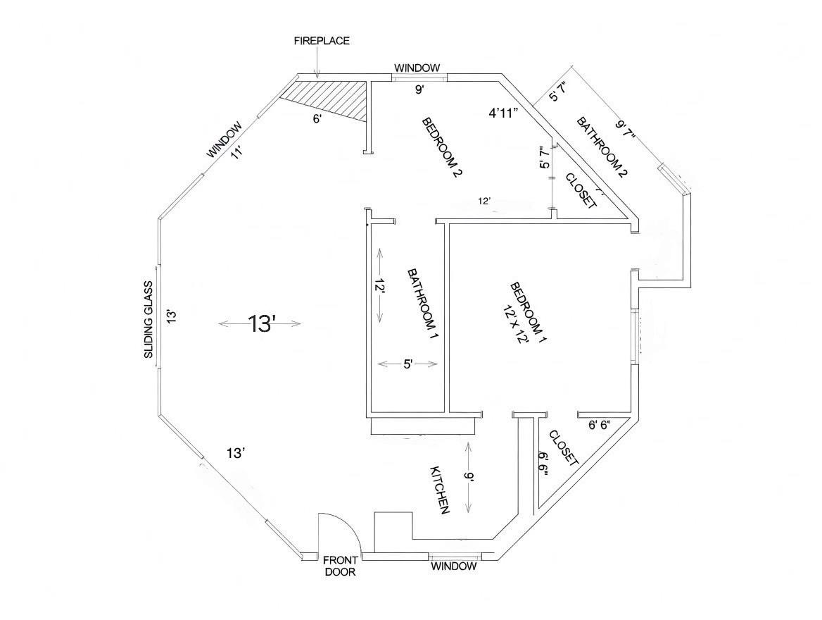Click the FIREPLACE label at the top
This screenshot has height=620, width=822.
tap(321, 41)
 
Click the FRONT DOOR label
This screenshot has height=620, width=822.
tap(341, 566)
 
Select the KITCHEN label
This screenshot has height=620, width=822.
tap(440, 490)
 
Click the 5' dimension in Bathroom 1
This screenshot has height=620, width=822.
tap(408, 364)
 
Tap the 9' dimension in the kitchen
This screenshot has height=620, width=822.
tap(469, 478)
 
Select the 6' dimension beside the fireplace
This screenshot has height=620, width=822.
tap(318, 119)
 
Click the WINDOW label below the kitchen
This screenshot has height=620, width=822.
tap(453, 566)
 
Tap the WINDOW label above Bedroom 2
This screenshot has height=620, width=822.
tap(417, 68)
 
